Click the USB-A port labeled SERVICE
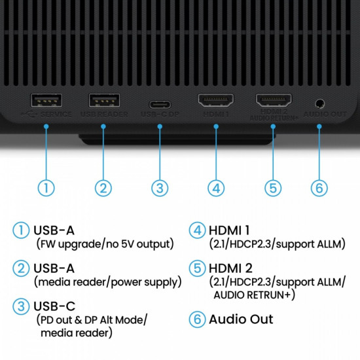(x=46, y=101)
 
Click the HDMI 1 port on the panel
(x=217, y=101)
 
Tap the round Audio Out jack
(x=320, y=103)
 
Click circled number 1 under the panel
(x=46, y=187)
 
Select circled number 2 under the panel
(x=103, y=187)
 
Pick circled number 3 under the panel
(x=160, y=187)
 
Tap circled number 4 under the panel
(x=217, y=187)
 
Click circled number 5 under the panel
(x=274, y=187)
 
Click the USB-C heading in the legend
(x=54, y=306)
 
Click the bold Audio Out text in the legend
(x=241, y=319)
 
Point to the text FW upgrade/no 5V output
(x=105, y=244)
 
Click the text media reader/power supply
(x=107, y=282)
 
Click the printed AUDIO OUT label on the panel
(x=325, y=114)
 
